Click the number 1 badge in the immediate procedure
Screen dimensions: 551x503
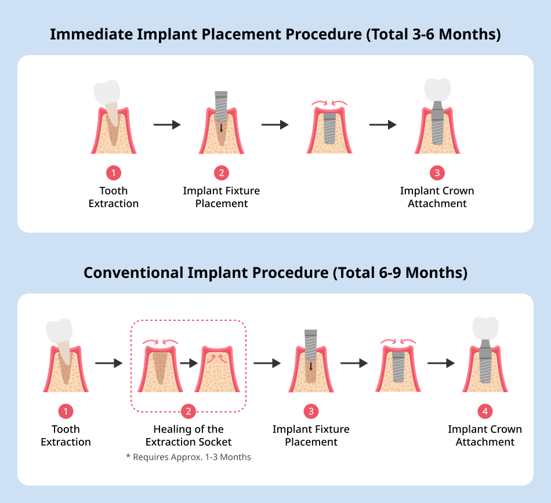[114, 172]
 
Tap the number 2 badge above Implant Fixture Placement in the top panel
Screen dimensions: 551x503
[222, 172]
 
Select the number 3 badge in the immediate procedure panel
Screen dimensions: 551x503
[437, 172]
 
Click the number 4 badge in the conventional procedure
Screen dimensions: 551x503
[485, 411]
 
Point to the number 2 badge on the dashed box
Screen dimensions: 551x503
[188, 411]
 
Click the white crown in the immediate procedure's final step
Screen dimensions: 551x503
[437, 89]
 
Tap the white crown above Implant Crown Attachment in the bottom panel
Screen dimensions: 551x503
[485, 328]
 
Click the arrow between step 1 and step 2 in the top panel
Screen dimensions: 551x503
[167, 124]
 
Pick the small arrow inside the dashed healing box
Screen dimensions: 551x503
[189, 363]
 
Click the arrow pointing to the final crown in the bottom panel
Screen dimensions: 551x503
[441, 363]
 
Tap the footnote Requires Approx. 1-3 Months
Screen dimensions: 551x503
[188, 457]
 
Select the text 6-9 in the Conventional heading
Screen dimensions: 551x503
[390, 273]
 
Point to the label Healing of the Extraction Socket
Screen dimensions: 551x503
[188, 436]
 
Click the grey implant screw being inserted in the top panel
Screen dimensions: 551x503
[221, 107]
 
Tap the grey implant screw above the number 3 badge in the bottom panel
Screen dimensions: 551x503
[311, 345]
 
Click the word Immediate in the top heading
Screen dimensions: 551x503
[91, 34]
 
